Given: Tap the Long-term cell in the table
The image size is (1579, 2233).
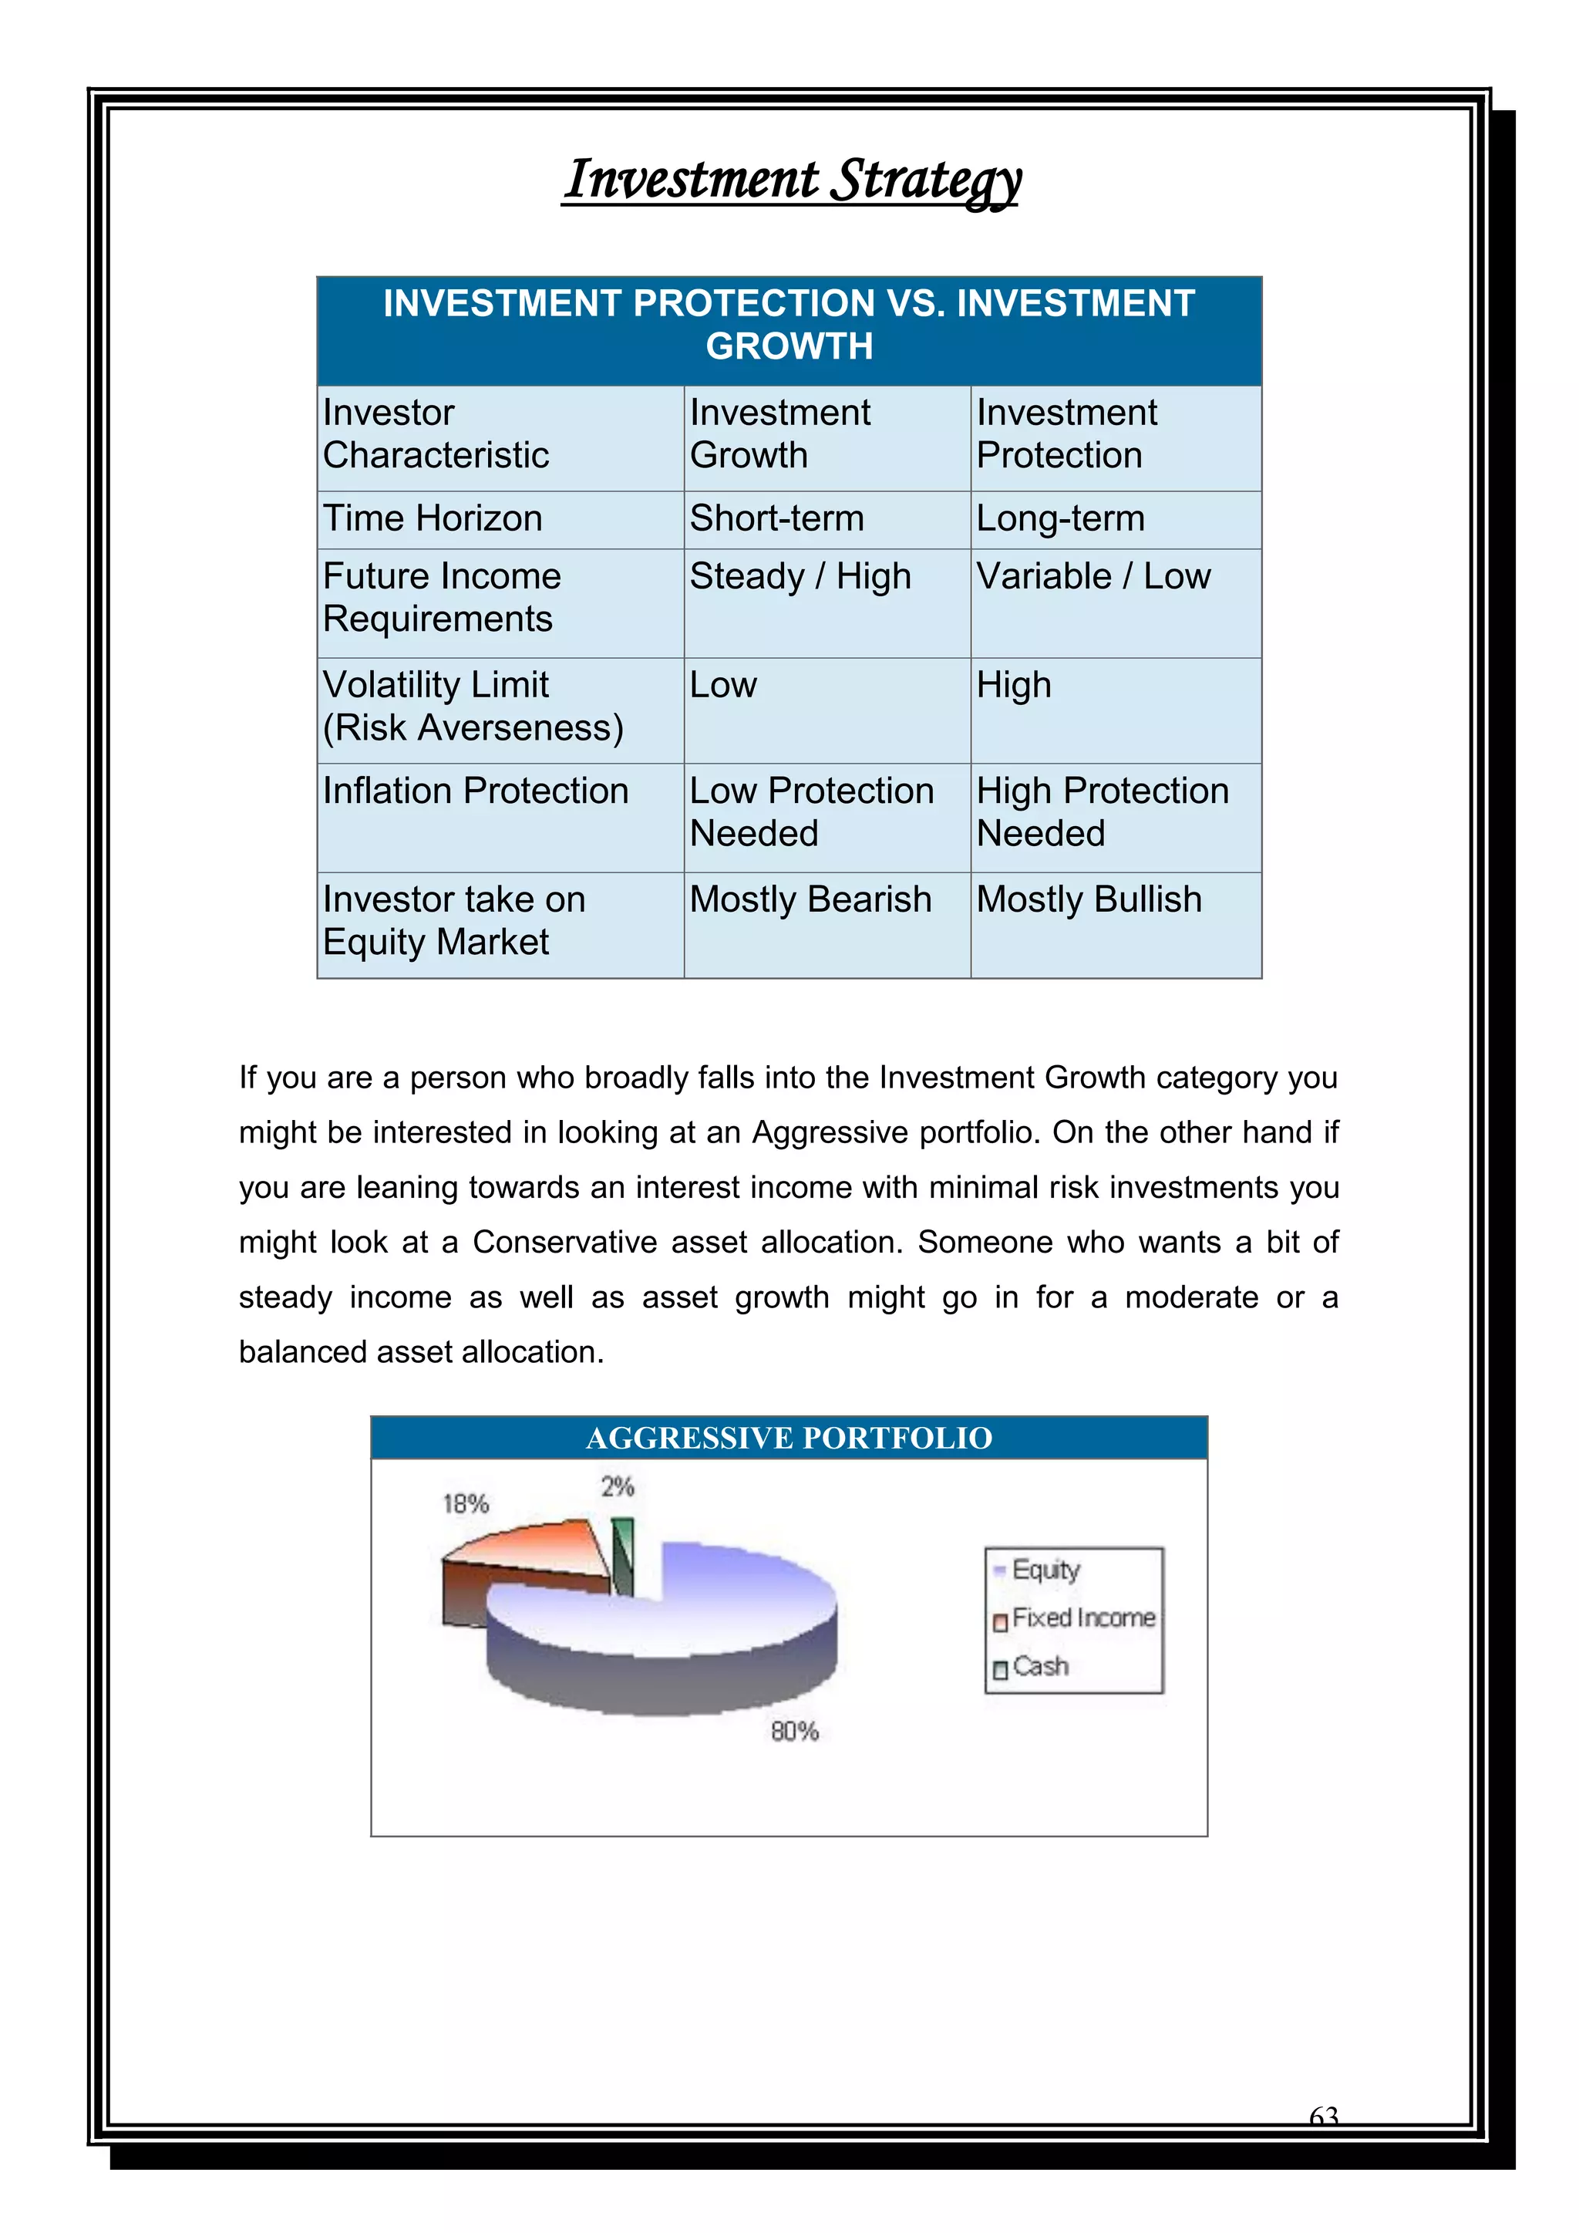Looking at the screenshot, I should [1060, 518].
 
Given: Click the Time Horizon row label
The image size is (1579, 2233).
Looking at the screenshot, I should [433, 518].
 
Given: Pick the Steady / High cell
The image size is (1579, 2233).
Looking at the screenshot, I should [800, 577].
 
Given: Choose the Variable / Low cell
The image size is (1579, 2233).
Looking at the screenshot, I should [1093, 577].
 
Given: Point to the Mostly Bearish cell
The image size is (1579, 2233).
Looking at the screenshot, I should [810, 899].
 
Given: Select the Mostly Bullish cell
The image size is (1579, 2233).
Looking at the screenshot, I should [1088, 899].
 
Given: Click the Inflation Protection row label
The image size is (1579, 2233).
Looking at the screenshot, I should [476, 791].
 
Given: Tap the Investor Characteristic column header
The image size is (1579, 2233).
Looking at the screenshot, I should [436, 433].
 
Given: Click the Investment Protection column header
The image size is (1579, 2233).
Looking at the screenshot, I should [1066, 433].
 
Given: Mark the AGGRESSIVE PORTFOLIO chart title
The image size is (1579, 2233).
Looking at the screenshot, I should [789, 1438].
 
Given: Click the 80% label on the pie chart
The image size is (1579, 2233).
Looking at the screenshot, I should [794, 1731].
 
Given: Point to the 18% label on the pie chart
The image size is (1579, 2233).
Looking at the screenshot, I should [466, 1503].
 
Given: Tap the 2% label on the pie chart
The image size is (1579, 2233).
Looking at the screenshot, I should [618, 1486].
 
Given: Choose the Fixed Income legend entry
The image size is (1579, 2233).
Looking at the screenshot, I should [1082, 1618].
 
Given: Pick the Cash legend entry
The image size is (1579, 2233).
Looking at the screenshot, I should [1039, 1667].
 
